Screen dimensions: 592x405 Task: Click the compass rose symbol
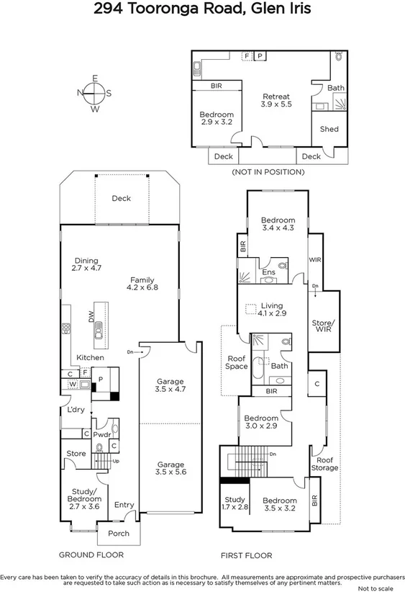tap(95, 94)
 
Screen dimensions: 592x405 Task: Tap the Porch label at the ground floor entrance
tap(119, 533)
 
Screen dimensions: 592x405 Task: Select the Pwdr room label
tap(101, 434)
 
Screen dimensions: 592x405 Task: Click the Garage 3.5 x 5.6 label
tap(170, 469)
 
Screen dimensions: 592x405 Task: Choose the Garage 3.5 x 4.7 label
tap(170, 385)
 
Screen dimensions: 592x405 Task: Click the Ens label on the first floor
tap(268, 272)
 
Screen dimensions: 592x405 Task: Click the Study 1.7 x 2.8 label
tap(235, 503)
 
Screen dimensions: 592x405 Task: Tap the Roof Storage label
tap(325, 464)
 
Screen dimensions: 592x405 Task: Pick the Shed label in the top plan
tap(329, 129)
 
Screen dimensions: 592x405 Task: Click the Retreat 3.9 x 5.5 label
tap(276, 100)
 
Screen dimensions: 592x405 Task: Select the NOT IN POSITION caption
tap(268, 172)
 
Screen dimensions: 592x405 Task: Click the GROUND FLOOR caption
tap(91, 555)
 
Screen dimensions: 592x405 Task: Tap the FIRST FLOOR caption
tap(247, 555)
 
